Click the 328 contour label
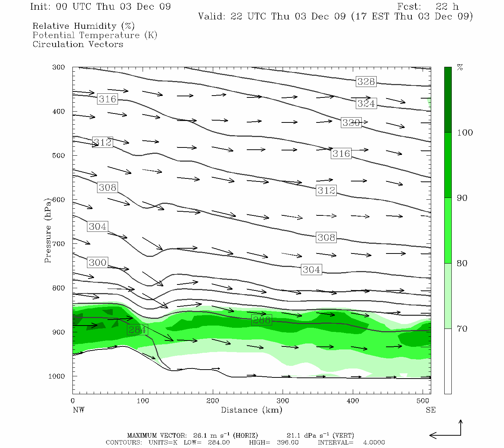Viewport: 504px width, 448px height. (366, 82)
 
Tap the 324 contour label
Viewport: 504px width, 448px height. (366, 103)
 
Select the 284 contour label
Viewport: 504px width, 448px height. (137, 330)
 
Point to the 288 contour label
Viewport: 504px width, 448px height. (261, 320)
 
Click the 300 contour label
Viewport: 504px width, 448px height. (97, 262)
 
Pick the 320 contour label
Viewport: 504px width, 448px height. (351, 122)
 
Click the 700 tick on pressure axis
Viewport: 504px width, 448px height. (59, 244)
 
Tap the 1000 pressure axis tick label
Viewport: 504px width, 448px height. (57, 376)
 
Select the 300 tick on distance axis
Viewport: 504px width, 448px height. (283, 401)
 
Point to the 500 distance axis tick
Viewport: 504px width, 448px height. (423, 401)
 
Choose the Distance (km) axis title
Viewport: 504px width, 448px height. (251, 410)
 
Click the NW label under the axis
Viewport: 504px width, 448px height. (78, 410)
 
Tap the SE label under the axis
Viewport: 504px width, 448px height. (430, 410)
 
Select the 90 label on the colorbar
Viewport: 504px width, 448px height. (462, 198)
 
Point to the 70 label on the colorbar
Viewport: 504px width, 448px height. (462, 329)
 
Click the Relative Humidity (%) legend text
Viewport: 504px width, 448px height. (83, 26)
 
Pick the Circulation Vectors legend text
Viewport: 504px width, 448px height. (78, 44)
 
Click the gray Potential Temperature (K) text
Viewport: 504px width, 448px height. (95, 35)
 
